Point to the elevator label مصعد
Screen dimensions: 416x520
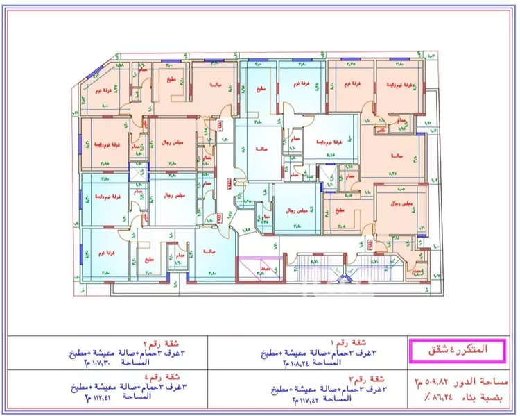(265, 268)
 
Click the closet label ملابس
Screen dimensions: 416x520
(382, 130)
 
